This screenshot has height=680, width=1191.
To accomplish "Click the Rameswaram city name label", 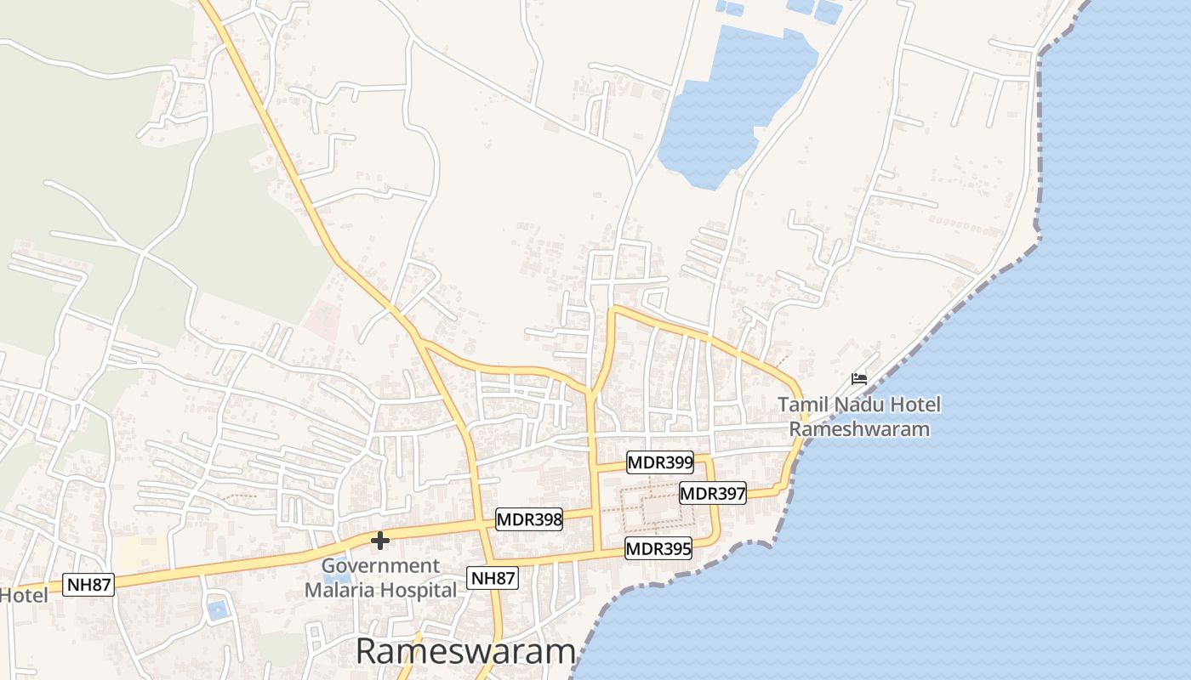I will point(465,652).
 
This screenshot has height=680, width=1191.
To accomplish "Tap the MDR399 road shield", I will point(659,463).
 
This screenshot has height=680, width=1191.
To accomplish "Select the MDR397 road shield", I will point(713,493).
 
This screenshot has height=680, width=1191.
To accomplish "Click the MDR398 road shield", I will point(529,519).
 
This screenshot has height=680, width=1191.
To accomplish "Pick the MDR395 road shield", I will point(658,549).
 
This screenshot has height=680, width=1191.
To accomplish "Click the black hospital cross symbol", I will point(380,540).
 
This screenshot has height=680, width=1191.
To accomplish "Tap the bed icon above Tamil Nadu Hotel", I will point(859,378).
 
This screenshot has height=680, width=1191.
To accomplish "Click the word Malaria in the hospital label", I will point(340,590).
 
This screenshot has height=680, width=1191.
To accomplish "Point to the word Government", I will point(380,566).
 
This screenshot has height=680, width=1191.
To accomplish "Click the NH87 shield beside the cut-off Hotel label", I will point(89,585).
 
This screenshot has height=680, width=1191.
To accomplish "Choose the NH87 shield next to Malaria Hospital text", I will point(493,579).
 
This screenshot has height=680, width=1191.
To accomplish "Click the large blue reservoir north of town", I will point(732,102).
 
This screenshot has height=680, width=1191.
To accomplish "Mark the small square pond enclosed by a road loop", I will point(218,609).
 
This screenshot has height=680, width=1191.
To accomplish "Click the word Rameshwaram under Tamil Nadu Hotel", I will point(859,428).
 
